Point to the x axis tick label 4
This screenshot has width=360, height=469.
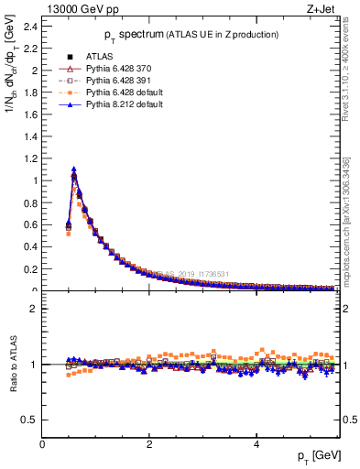pyautogui.click(x=256, y=443)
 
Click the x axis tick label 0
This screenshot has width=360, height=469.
pyautogui.click(x=43, y=443)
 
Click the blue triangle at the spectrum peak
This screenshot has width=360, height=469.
pyautogui.click(x=74, y=169)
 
